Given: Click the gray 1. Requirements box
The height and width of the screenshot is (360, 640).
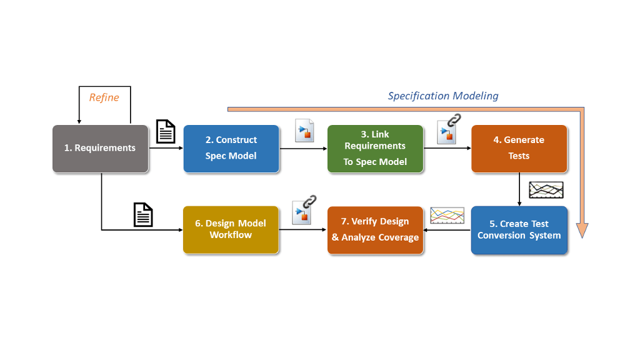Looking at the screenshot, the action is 101,149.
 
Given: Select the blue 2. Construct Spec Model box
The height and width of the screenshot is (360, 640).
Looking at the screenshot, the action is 231,149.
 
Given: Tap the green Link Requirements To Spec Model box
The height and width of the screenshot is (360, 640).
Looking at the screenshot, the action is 375,149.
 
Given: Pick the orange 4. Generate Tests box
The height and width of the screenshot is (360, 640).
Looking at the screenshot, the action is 519,149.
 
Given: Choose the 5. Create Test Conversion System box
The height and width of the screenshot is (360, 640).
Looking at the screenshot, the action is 519,230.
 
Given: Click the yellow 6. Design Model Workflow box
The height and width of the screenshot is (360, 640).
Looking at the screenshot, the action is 231,230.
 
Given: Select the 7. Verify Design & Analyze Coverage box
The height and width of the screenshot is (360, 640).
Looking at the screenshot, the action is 375,230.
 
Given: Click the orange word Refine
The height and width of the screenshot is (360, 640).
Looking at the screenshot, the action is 104,97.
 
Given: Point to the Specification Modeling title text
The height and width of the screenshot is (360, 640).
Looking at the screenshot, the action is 443,96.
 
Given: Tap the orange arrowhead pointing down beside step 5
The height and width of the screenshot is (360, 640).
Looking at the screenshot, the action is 582,230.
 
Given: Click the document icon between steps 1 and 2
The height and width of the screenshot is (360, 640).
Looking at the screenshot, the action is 166,131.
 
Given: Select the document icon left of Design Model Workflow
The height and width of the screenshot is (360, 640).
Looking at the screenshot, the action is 143,215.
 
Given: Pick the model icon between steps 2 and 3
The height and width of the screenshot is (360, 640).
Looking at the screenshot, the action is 304,131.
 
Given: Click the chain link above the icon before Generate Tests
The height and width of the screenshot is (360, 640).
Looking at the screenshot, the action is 454,120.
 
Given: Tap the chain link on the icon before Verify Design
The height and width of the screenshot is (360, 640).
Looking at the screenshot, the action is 309,201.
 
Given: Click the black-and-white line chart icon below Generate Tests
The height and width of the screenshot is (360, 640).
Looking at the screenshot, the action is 546,190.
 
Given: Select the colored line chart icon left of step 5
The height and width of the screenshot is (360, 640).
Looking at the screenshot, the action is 447,216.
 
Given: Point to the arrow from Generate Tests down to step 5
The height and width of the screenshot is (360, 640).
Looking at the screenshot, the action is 519,189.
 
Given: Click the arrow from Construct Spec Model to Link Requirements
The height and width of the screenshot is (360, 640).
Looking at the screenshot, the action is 303,149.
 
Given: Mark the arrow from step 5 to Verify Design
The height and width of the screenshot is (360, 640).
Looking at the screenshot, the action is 447,230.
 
